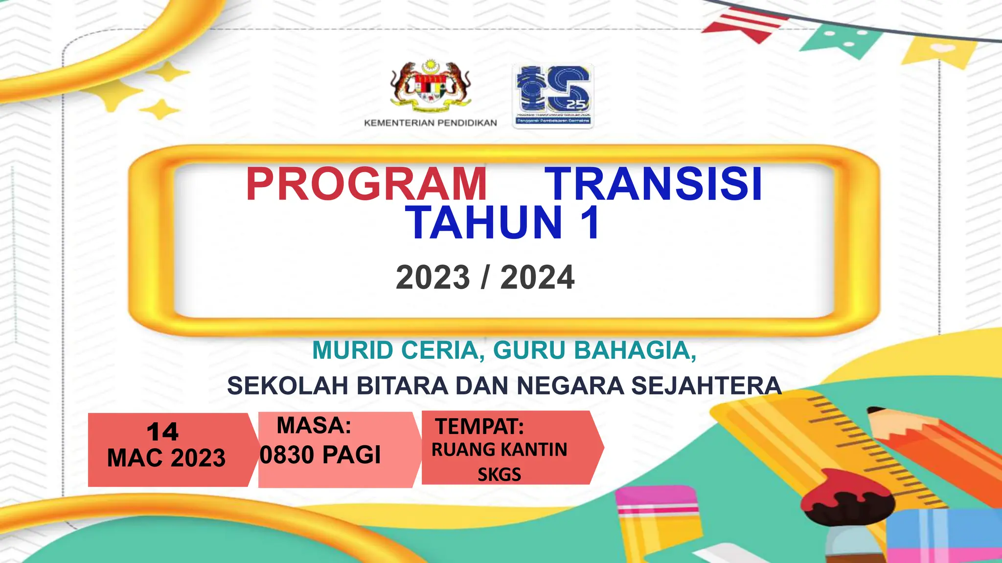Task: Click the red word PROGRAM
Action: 366,184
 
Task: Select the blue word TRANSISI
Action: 654,184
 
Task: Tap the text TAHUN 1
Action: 504,223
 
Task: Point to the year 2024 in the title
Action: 537,278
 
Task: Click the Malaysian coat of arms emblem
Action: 431,86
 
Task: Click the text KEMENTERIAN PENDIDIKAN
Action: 431,123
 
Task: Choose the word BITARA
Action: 402,386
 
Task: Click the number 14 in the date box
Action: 162,432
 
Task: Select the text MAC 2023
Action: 166,458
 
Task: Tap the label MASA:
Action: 314,425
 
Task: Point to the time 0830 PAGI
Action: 320,455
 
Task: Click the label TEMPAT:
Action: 479,427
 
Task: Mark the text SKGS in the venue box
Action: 499,475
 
